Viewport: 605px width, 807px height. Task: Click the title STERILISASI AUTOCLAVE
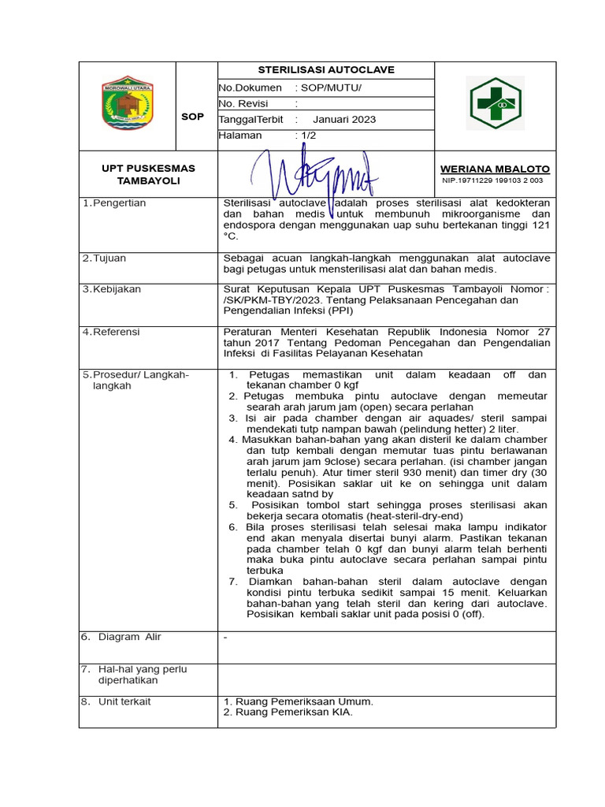[326, 70]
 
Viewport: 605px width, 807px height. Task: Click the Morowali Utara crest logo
[128, 103]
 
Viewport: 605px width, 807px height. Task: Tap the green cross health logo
[496, 103]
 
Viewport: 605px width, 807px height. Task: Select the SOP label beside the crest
[192, 117]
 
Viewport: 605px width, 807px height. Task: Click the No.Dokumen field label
[251, 87]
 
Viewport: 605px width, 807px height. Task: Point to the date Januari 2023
[344, 120]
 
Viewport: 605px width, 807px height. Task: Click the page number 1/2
[306, 136]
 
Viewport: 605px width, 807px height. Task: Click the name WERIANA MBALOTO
[495, 169]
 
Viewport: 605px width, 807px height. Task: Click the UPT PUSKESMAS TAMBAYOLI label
[148, 174]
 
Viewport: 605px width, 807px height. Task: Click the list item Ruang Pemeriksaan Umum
[299, 701]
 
